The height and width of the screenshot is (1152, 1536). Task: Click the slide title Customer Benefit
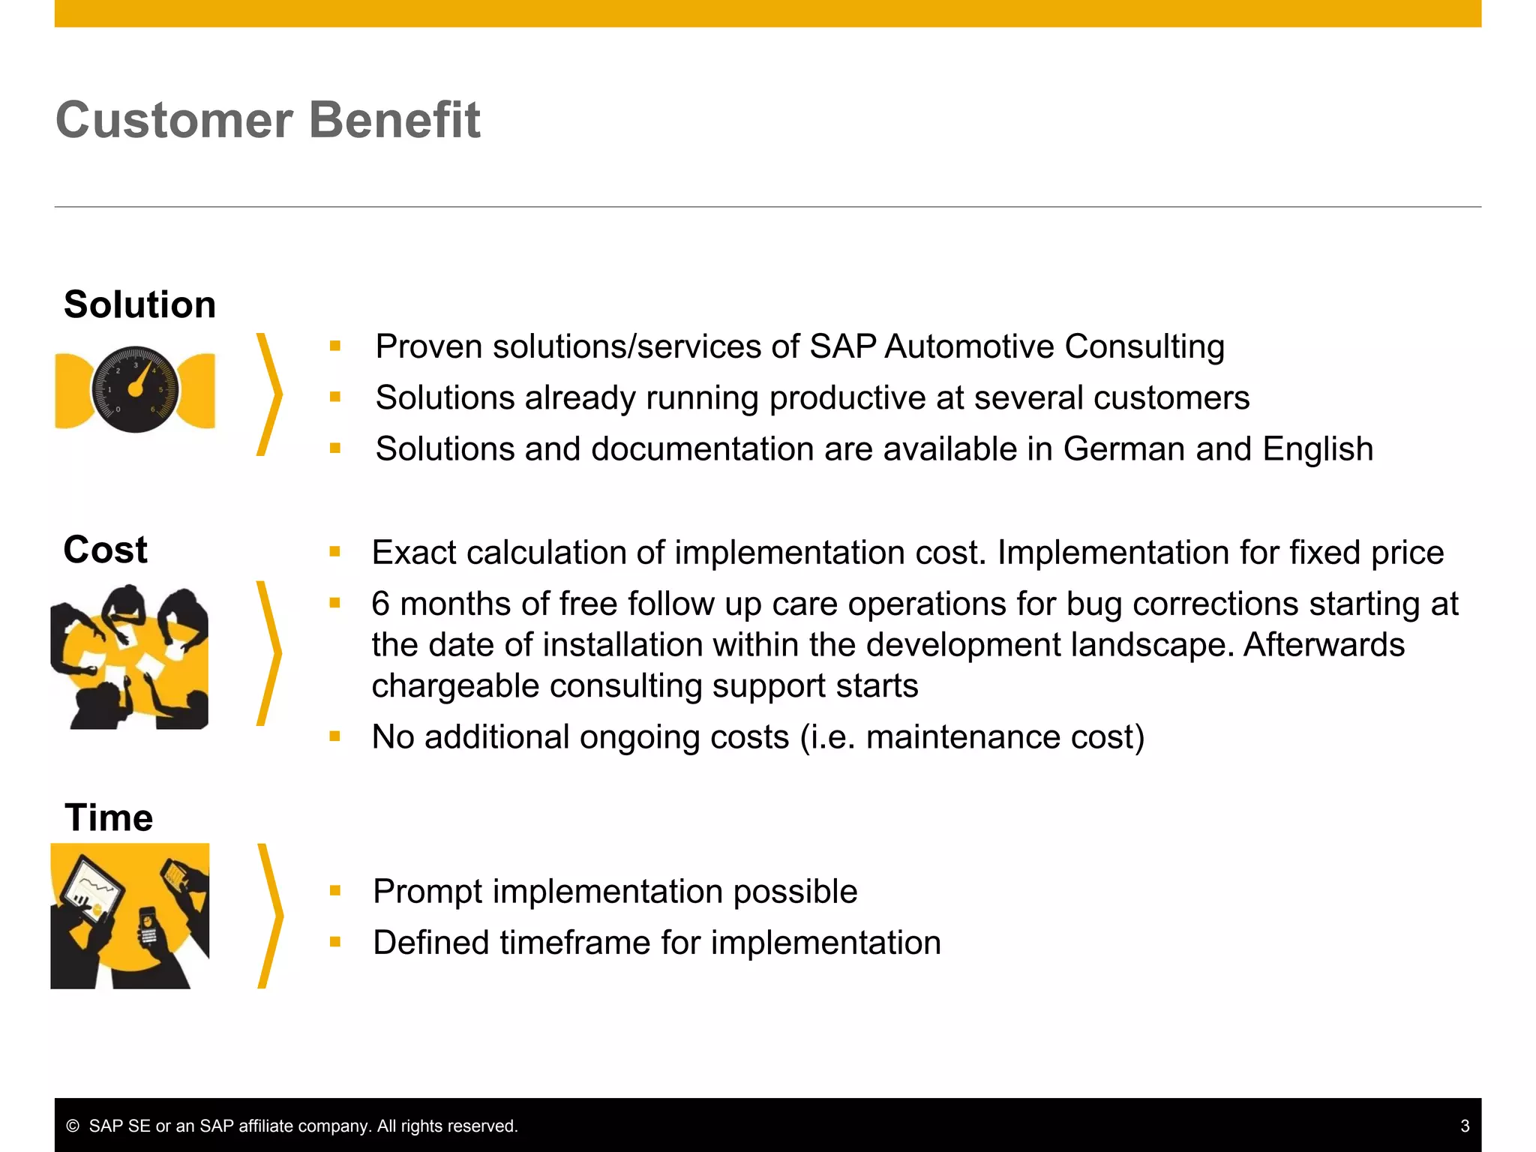(x=268, y=120)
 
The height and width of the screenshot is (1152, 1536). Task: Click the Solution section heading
(x=139, y=304)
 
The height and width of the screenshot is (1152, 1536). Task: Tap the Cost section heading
(x=105, y=550)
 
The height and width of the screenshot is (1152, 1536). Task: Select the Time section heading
(x=109, y=817)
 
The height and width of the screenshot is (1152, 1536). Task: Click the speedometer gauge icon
(x=135, y=389)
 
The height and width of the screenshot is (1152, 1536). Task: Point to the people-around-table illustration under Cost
(x=129, y=657)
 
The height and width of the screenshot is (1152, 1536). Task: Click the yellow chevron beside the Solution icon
(x=270, y=395)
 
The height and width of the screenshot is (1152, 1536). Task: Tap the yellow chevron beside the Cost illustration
(x=270, y=653)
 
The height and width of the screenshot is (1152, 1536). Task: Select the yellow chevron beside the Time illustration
(x=271, y=916)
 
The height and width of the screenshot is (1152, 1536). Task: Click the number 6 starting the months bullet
(x=381, y=604)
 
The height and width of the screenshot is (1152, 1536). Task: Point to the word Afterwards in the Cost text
(x=1324, y=645)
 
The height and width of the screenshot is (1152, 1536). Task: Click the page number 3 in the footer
(x=1465, y=1126)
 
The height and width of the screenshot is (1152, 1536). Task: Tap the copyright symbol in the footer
(x=73, y=1126)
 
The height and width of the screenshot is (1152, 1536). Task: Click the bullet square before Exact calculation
(x=334, y=553)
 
